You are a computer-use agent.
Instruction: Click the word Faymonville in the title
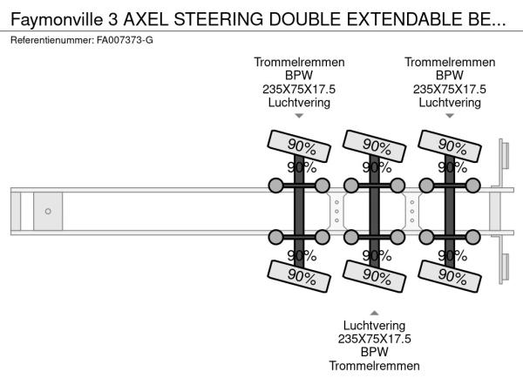coord(57,19)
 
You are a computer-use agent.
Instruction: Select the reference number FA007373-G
coord(125,40)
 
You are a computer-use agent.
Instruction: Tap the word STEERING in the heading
coord(219,19)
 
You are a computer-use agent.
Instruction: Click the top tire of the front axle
coord(299,146)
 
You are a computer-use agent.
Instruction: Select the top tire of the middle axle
coord(374,146)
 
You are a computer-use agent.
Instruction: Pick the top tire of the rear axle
coord(450,146)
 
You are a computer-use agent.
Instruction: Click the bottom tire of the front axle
coord(299,276)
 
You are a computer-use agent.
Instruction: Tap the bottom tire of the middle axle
coord(374,276)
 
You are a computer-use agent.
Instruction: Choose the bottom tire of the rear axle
coord(450,276)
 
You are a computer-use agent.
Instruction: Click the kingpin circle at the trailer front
coord(48,212)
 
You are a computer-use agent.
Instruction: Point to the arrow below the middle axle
coord(374,313)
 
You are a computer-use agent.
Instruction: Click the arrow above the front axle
coord(299,116)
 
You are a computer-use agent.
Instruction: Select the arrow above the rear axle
coord(450,116)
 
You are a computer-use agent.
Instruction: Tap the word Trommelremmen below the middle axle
coord(374,366)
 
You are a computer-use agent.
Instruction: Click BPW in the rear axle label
coord(450,75)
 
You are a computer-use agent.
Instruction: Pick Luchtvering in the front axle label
coord(299,102)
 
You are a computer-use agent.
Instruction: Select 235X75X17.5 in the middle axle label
coord(374,339)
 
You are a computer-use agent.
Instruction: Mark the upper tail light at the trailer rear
coord(505,155)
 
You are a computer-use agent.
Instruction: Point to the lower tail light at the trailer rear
coord(505,267)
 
